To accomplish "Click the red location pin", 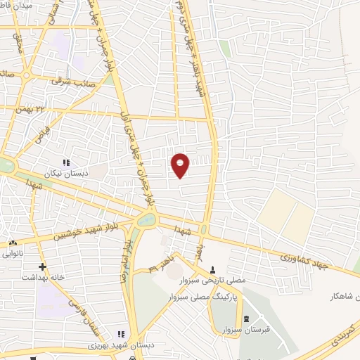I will pyautogui.click(x=181, y=165).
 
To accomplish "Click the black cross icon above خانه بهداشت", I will pyautogui.click(x=43, y=266).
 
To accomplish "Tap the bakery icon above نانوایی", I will pyautogui.click(x=13, y=243).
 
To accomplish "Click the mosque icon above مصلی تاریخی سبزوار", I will pyautogui.click(x=212, y=269).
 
